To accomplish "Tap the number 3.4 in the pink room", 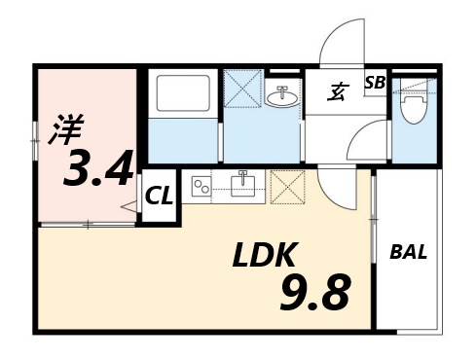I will [x=98, y=170].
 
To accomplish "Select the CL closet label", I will [x=159, y=196].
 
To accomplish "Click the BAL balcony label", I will [x=410, y=253].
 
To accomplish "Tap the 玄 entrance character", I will [x=338, y=93].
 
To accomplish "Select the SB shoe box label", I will [x=375, y=84].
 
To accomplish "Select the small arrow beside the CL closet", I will [x=128, y=206].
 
